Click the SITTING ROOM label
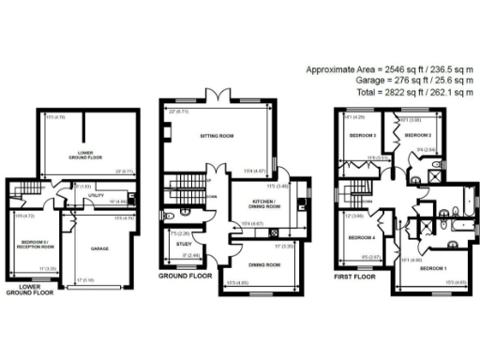click(x=217, y=137)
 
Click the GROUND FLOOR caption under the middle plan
click(x=177, y=278)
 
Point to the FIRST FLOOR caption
click(x=354, y=278)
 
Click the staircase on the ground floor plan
click(x=184, y=184)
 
